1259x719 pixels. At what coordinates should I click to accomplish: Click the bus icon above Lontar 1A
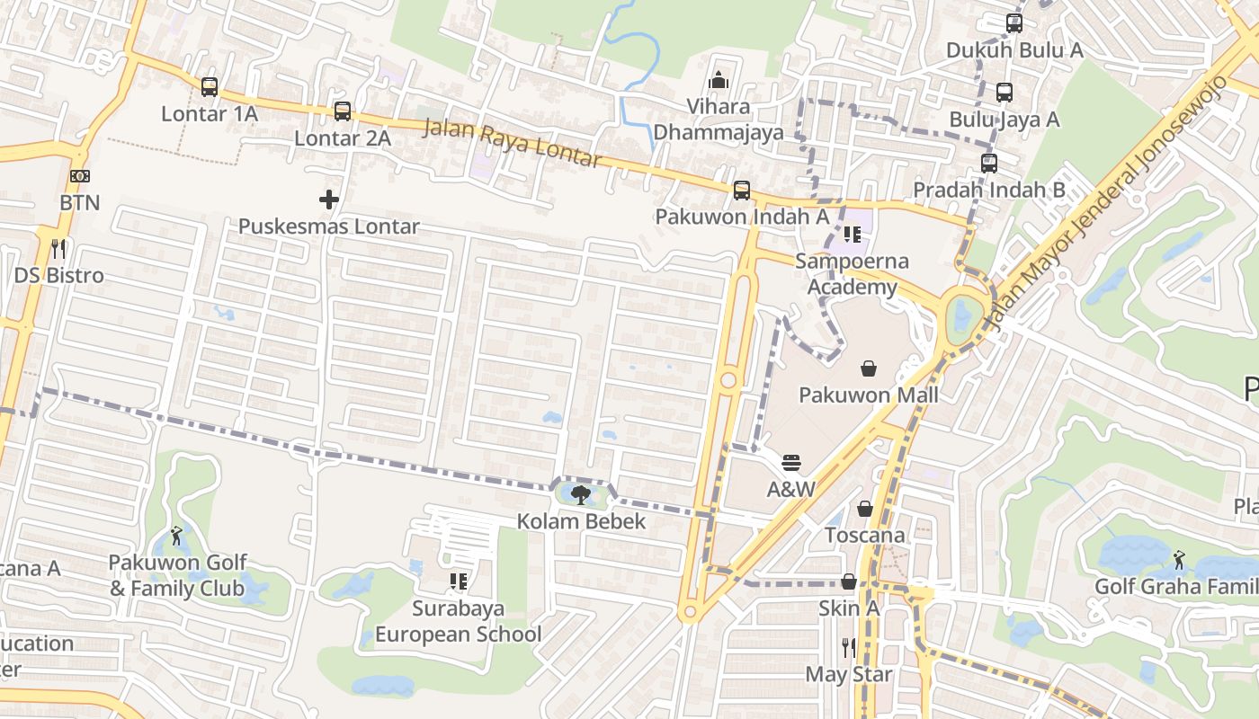click(210, 87)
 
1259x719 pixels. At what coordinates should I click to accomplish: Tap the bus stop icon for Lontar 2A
click(343, 111)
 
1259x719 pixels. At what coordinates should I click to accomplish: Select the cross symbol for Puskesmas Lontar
click(329, 200)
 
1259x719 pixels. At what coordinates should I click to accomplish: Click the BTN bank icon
click(80, 176)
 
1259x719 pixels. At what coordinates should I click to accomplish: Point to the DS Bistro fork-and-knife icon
click(59, 248)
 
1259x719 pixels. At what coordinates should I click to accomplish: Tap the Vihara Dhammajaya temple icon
click(718, 81)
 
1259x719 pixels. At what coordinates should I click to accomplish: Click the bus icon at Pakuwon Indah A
click(742, 191)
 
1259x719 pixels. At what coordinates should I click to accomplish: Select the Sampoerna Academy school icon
click(852, 235)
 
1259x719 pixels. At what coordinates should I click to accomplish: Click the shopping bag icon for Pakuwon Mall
click(869, 368)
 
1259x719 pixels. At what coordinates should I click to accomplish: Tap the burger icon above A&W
click(791, 463)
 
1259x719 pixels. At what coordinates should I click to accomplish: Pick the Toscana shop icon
click(865, 510)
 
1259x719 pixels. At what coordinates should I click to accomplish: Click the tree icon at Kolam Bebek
click(581, 494)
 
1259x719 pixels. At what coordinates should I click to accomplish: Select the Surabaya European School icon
click(459, 581)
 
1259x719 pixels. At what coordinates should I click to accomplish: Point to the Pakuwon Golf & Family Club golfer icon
click(176, 537)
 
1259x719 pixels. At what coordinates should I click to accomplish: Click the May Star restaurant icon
click(848, 647)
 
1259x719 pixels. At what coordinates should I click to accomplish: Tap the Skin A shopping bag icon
click(848, 581)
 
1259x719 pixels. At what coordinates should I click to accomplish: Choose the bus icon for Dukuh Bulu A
click(1014, 23)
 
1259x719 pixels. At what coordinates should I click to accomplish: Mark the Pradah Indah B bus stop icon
click(989, 164)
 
